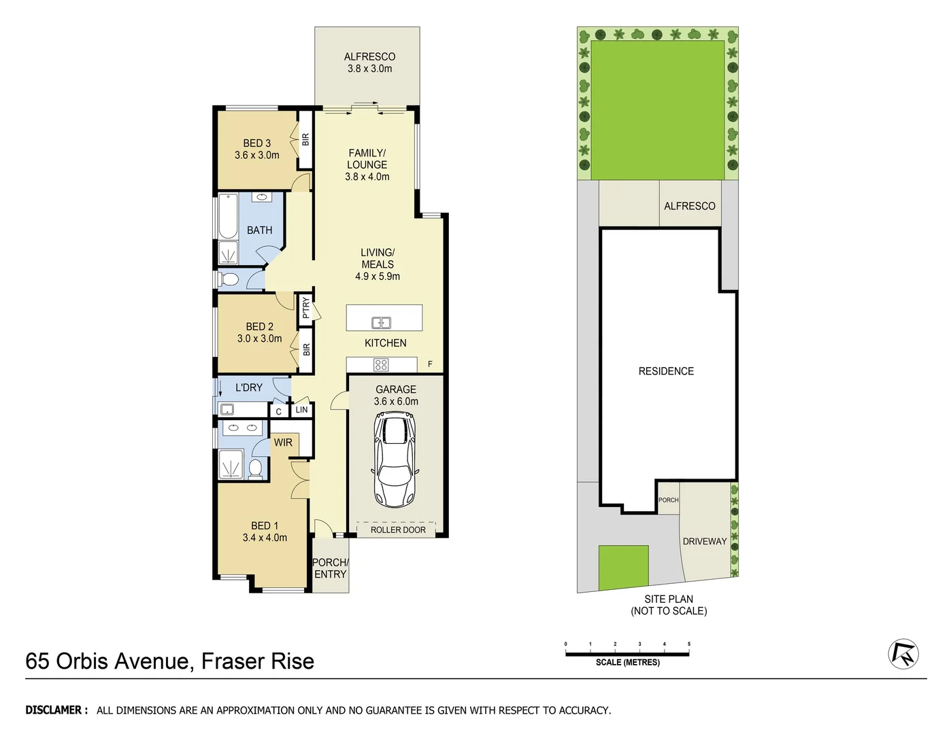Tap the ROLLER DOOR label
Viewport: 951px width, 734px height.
click(x=398, y=530)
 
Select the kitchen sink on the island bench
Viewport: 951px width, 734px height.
click(x=381, y=323)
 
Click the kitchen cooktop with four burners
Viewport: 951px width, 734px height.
click(x=381, y=365)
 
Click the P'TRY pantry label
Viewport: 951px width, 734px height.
click(x=306, y=308)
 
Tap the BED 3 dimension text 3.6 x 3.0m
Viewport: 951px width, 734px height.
click(x=257, y=155)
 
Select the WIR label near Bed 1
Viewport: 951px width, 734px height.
click(x=283, y=442)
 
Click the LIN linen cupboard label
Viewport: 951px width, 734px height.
click(x=301, y=410)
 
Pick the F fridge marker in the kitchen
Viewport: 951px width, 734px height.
click(x=430, y=364)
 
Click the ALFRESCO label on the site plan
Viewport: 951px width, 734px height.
click(x=689, y=206)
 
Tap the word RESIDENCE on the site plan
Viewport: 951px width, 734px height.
click(x=666, y=371)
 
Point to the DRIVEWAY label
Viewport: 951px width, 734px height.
click(x=705, y=542)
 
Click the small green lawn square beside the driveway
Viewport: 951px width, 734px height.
click(x=623, y=567)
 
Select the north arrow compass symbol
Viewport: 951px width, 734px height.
click(x=903, y=654)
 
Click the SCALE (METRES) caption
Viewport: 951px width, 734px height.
click(x=627, y=663)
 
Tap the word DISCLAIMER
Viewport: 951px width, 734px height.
click(x=56, y=710)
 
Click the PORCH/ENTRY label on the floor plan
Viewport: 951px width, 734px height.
click(x=331, y=568)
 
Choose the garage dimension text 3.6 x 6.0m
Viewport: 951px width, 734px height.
click(x=396, y=402)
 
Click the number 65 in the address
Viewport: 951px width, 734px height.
click(x=37, y=661)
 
